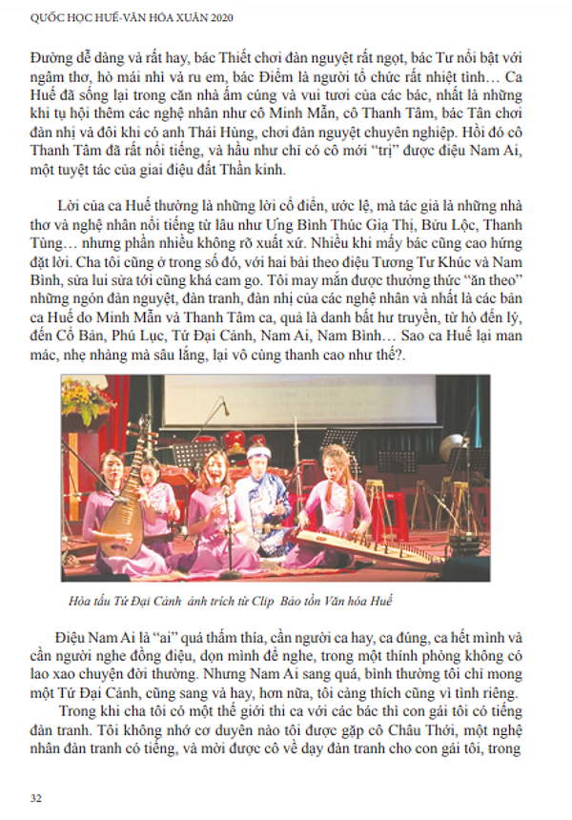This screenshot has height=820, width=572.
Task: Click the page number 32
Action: point(36,797)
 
